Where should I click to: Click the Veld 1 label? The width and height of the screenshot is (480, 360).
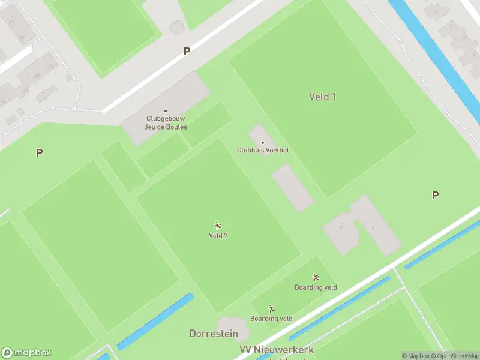(x=322, y=97)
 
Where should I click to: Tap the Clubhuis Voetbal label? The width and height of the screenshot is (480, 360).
(x=262, y=150)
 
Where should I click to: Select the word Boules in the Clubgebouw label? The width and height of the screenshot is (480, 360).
(x=176, y=127)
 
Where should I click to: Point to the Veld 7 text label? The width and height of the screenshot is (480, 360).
(x=218, y=236)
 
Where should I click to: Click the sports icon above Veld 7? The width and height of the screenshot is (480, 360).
(x=218, y=226)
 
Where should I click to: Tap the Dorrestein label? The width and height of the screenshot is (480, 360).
(x=214, y=334)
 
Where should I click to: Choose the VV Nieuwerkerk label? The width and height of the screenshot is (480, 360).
(x=276, y=349)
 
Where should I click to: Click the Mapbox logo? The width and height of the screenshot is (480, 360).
(x=26, y=353)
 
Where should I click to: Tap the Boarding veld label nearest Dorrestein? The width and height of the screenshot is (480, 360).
(x=271, y=319)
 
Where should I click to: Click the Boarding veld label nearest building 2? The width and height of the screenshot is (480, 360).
(x=316, y=287)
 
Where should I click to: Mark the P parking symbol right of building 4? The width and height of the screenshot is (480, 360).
(x=435, y=195)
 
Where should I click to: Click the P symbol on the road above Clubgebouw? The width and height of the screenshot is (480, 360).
(x=187, y=52)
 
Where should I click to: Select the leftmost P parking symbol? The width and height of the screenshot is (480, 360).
(x=39, y=152)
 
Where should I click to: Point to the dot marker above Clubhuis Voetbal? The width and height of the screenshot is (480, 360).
(x=262, y=143)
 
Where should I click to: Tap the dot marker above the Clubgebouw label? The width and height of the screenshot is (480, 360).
(x=166, y=111)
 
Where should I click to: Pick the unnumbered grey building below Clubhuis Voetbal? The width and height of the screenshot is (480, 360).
(x=293, y=188)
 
